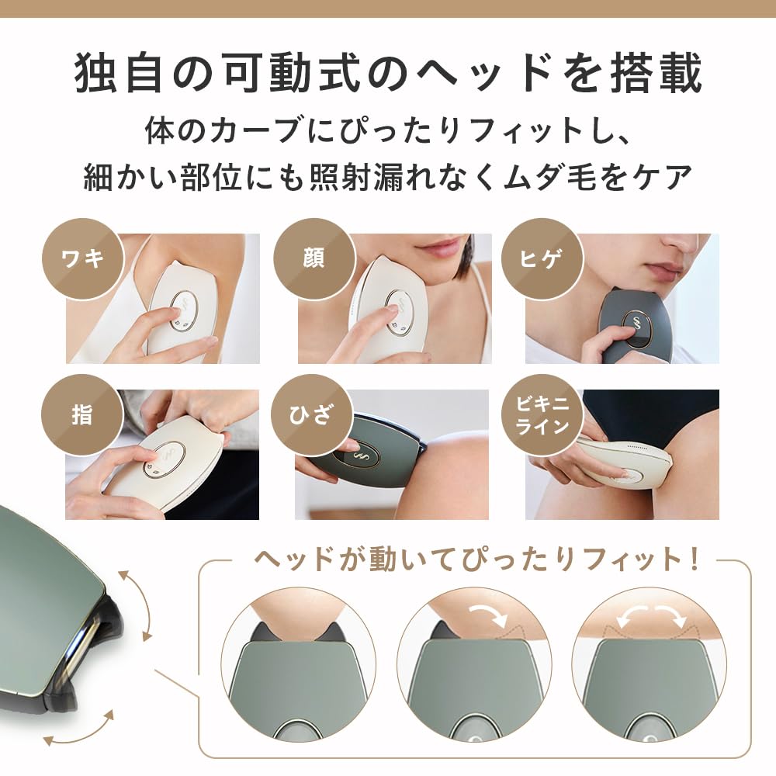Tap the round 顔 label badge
tap(314, 258)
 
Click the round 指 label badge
tap(82, 414)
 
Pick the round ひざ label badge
tap(312, 414)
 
